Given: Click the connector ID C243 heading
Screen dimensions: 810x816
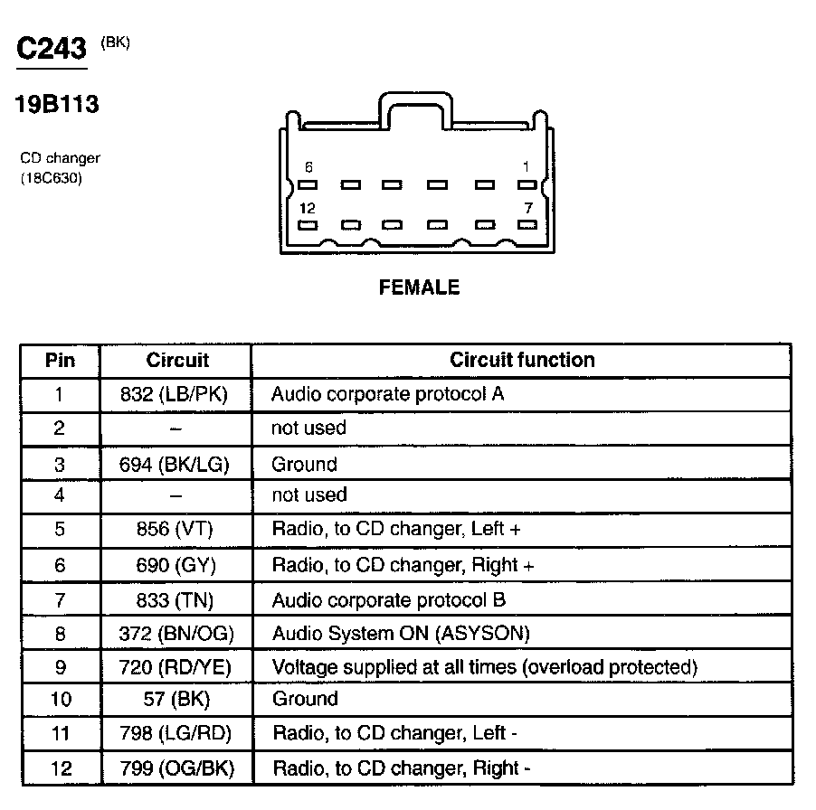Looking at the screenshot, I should coord(52,49).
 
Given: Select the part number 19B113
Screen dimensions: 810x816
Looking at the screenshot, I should coord(56,105).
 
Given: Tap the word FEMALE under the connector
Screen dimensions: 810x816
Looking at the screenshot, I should coord(419,287).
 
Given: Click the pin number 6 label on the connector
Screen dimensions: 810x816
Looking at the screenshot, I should coord(308,167).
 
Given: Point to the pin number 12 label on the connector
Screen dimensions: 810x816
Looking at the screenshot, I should coord(308,209).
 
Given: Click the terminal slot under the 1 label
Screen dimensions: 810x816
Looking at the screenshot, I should coord(527,184).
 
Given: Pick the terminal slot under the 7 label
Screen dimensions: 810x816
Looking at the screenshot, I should coord(527,225).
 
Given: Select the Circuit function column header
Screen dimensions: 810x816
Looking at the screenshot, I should coord(522,360).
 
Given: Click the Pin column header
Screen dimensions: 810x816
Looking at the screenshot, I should coord(60,361).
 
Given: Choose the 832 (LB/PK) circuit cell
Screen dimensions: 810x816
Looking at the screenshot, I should coord(175,394).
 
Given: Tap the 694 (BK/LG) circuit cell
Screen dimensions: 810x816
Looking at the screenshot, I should coord(175,465).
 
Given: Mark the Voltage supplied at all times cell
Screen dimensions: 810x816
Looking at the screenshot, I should coord(484,668).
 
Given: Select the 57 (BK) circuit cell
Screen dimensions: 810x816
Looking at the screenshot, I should coord(175,699).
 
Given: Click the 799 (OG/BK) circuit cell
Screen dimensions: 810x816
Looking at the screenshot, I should coord(175,769).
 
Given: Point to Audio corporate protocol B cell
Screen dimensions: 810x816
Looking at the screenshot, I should coord(388,599).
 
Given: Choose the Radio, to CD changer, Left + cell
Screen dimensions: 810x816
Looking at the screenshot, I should coord(396,529).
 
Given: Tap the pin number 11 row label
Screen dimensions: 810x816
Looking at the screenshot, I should coord(60,734).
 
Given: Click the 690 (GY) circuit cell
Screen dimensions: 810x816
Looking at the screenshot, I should coord(175,565).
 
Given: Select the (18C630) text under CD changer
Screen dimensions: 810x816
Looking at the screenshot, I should coord(52,179).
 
